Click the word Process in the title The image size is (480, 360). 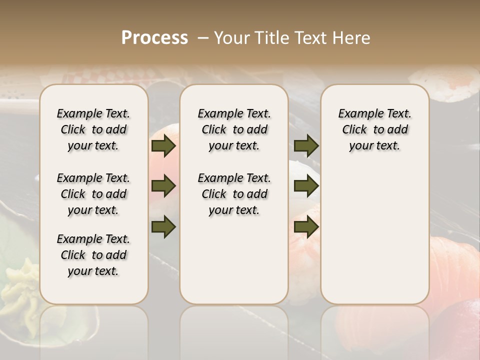pos(154,38)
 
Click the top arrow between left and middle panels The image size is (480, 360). pos(163,146)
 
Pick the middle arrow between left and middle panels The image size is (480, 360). pos(163,186)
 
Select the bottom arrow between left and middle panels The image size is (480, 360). pos(163,226)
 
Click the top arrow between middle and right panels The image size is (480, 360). pos(306,146)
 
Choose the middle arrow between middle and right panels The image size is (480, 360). pos(306,186)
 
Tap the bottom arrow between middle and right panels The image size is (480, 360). pos(306,226)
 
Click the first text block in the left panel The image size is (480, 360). pos(93,129)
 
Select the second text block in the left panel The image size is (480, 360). pos(93,194)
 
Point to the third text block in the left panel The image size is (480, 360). pos(93,255)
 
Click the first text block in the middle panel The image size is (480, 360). pos(234,129)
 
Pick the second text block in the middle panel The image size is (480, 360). pos(234,194)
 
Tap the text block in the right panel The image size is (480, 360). pos(375,129)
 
